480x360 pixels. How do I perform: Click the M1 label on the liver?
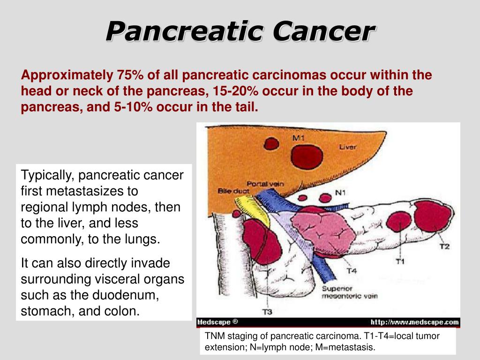tap(299, 138)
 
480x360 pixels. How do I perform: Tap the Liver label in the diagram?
tap(348, 147)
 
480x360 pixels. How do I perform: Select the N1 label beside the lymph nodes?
tap(340, 193)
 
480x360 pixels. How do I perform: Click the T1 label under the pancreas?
tap(400, 261)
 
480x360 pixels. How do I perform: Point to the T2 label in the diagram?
tap(444, 246)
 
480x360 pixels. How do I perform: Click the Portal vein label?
tap(265, 184)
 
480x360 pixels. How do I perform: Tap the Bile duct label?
tap(231, 191)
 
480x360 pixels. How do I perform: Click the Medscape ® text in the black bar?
tap(217, 322)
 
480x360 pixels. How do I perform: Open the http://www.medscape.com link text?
tap(414, 322)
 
